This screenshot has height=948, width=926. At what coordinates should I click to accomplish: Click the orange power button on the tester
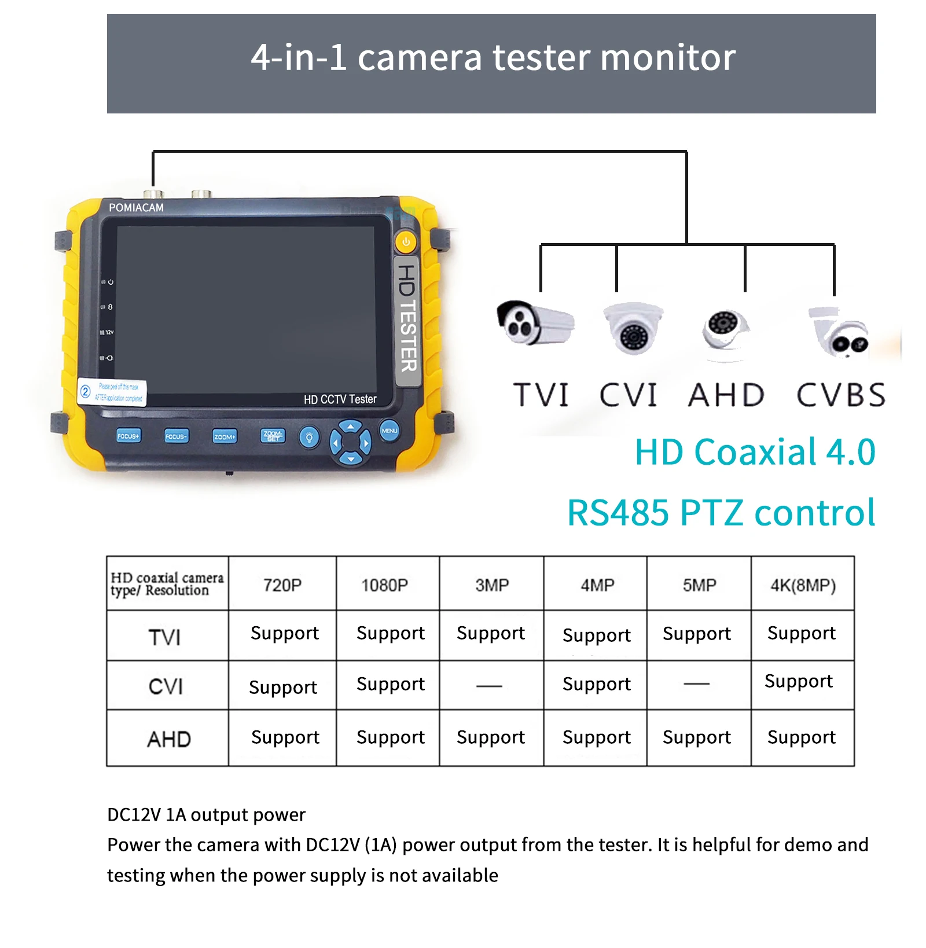[x=406, y=242]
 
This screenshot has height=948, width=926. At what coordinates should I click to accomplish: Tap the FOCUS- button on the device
[x=176, y=436]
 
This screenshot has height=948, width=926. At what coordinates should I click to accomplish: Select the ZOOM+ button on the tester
[x=224, y=436]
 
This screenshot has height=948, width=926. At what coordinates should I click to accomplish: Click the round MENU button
[x=389, y=431]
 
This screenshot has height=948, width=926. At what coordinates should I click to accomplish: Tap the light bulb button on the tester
[x=309, y=437]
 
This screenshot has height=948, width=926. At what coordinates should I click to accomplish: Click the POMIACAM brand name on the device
[x=136, y=207]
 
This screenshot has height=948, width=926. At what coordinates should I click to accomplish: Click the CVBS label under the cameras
[x=841, y=395]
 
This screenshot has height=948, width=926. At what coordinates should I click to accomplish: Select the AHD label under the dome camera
[x=726, y=395]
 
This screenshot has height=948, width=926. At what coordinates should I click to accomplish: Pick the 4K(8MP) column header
[x=803, y=585]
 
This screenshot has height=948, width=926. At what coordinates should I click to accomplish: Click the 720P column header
[x=282, y=585]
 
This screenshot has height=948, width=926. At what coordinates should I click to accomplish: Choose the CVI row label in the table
[x=166, y=686]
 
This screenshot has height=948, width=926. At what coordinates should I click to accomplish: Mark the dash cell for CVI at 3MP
[x=490, y=686]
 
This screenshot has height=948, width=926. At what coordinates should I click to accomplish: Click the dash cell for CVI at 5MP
[x=697, y=684]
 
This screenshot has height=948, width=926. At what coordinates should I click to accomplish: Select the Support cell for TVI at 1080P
[x=391, y=633]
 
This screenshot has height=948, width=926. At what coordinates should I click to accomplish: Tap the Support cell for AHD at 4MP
[x=597, y=737]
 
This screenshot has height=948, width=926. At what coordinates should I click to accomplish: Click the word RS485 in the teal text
[x=618, y=513]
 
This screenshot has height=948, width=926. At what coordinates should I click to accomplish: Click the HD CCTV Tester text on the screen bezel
[x=340, y=399]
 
